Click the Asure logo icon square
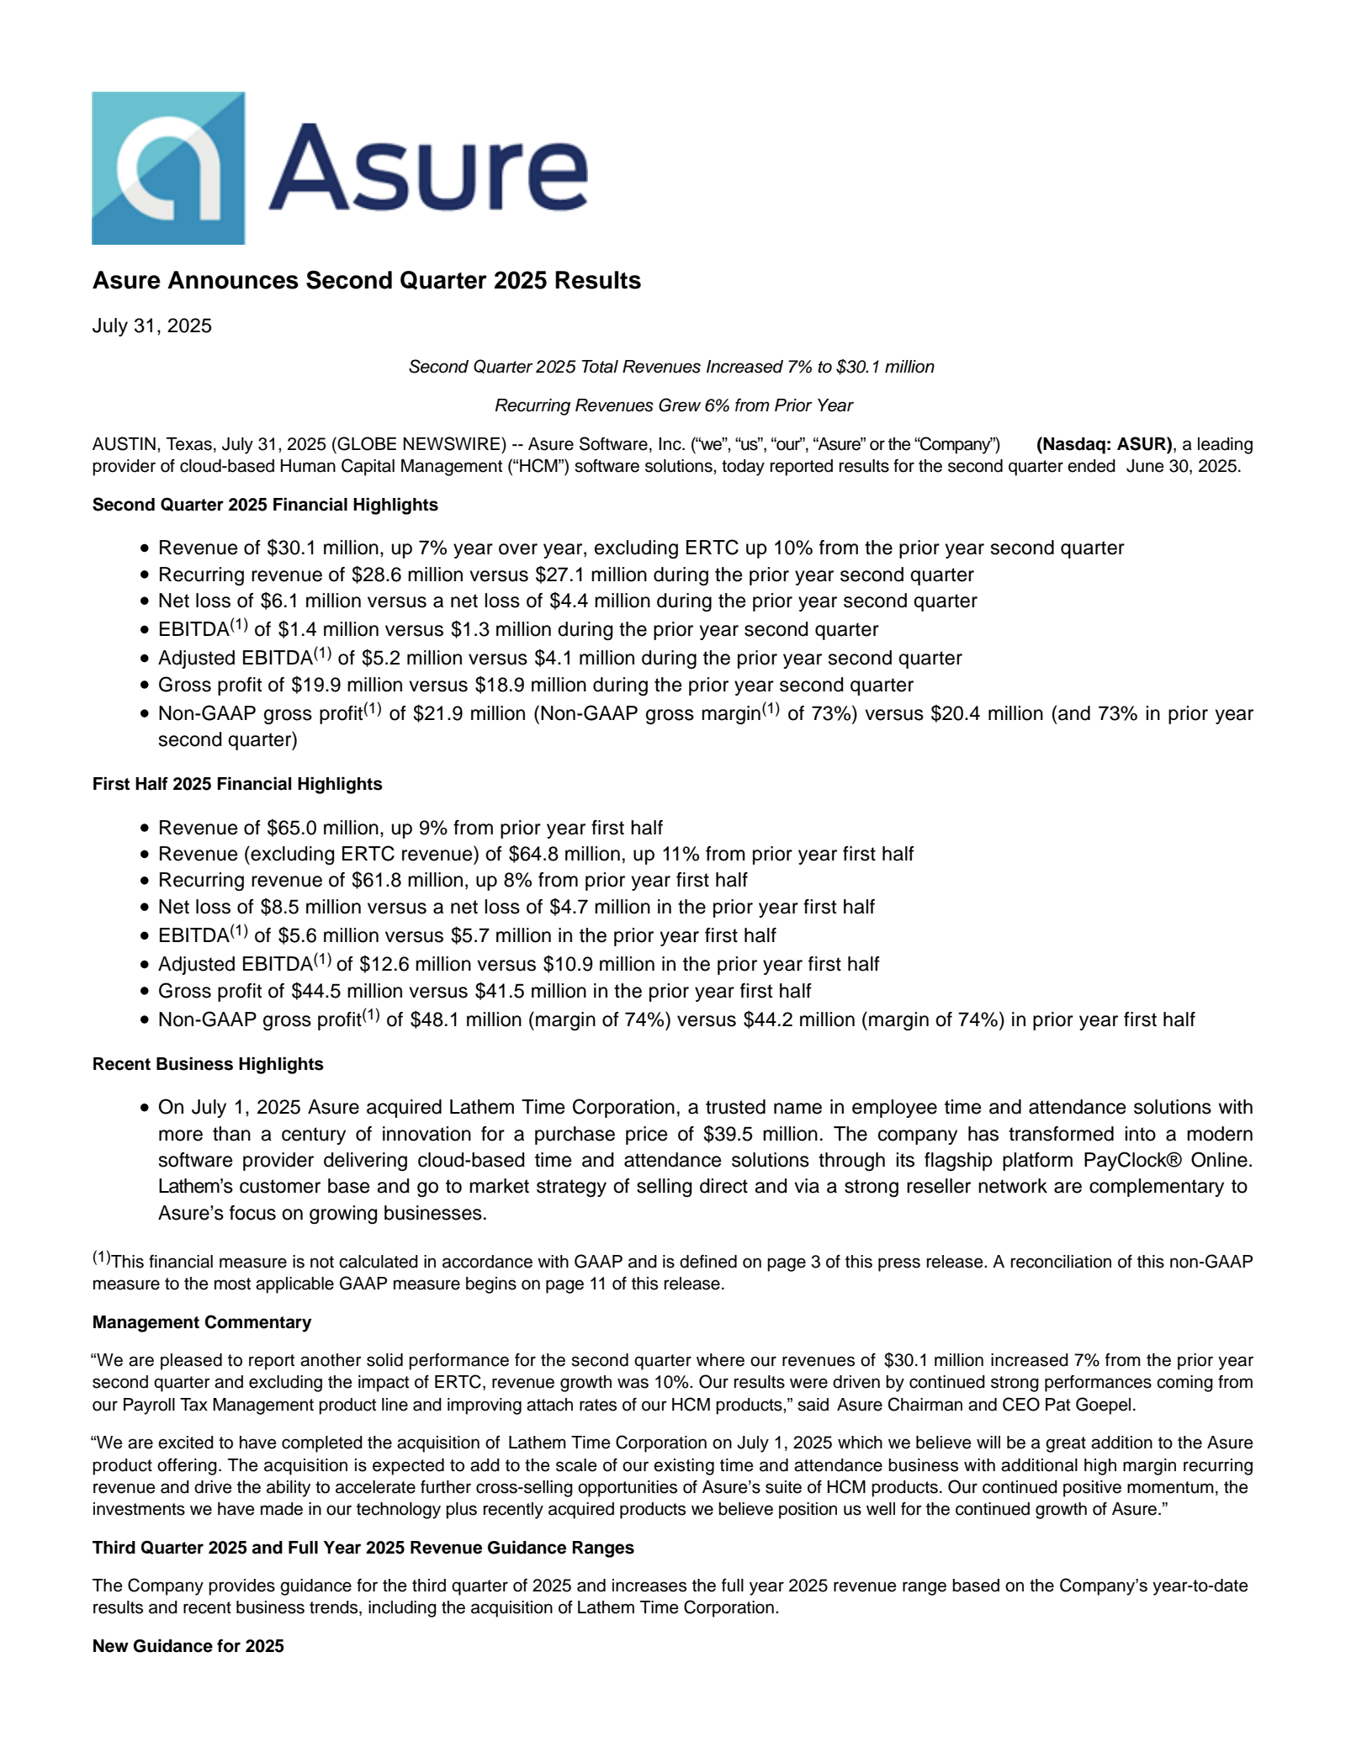168,168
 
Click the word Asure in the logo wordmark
428,167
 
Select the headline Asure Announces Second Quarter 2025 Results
366,281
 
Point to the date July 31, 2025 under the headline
151,326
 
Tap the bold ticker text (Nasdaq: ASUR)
1104,444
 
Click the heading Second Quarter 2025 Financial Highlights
265,505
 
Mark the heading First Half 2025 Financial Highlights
237,784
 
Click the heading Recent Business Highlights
208,1064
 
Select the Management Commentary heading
202,1322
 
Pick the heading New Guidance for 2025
188,1646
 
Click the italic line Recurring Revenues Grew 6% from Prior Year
673,406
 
